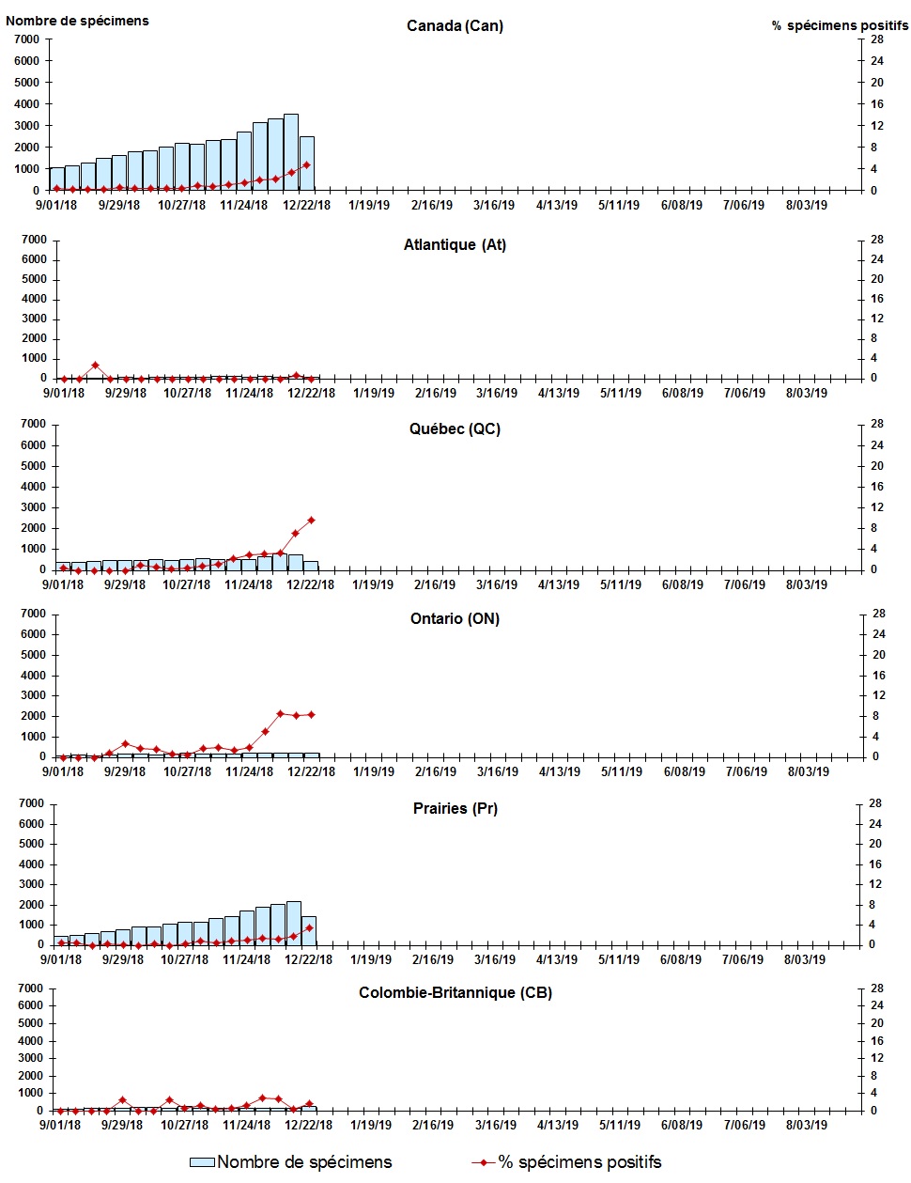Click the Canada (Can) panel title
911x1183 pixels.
(455, 25)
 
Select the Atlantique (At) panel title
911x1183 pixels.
(455, 245)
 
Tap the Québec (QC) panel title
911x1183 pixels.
(455, 429)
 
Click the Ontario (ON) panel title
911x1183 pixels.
(455, 619)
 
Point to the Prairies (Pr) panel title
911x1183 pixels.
(455, 809)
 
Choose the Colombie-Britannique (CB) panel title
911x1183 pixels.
(455, 993)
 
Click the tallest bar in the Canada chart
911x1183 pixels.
(291, 152)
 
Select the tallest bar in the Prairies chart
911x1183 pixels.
(294, 923)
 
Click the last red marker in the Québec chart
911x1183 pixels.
(311, 520)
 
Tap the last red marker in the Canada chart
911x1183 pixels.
(307, 165)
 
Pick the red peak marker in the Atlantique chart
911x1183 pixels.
(95, 366)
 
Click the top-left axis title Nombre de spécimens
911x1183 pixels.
(77, 21)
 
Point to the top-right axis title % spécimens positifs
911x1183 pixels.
(840, 25)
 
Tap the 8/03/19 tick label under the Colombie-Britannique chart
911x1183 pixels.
(806, 1125)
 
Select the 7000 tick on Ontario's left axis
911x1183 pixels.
(34, 614)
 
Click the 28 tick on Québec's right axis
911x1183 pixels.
(877, 424)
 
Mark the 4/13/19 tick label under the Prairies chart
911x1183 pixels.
(556, 959)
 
